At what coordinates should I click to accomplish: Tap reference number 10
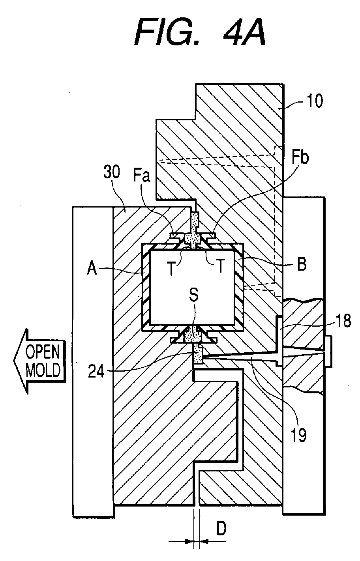pos(315,101)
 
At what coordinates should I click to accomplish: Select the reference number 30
pos(112,172)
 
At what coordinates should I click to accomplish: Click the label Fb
pos(300,158)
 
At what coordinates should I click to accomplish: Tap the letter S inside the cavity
pos(194,295)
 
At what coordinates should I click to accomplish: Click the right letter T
pos(220,266)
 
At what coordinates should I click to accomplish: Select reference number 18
pos(343,321)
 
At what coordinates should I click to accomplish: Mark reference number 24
pos(96,371)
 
